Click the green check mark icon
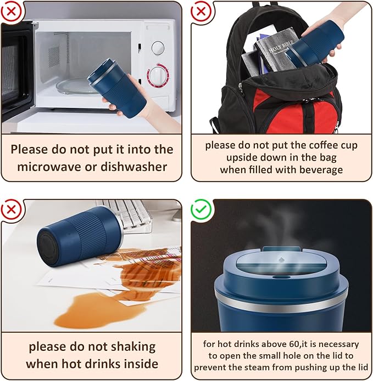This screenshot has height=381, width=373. (x=202, y=209)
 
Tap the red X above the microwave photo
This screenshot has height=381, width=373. (x=11, y=11)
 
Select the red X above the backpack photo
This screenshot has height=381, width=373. (x=201, y=11)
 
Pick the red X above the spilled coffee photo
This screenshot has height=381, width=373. (x=11, y=209)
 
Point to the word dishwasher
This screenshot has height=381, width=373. (x=133, y=167)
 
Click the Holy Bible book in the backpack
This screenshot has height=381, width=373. (x=277, y=50)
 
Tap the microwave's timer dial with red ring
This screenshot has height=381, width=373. (x=158, y=75)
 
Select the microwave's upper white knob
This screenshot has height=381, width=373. (x=158, y=48)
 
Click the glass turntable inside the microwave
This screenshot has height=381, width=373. (x=74, y=86)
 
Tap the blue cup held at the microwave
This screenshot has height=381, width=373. (x=117, y=88)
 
